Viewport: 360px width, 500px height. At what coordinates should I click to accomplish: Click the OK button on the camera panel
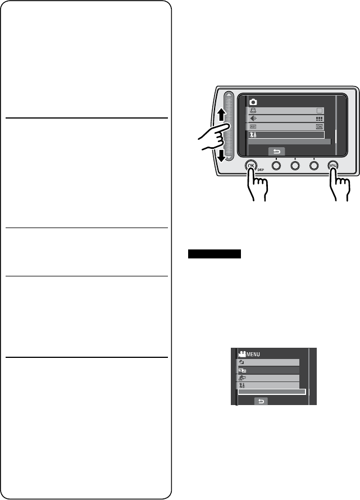click(252, 166)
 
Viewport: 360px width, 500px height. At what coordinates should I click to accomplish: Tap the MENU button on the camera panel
click(333, 166)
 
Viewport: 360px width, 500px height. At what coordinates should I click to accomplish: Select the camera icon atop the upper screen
click(253, 102)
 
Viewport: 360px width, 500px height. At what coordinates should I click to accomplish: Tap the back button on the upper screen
click(276, 151)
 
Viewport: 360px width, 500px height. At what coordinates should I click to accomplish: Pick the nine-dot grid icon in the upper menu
click(320, 119)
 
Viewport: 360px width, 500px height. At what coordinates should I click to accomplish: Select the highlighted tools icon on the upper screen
click(253, 135)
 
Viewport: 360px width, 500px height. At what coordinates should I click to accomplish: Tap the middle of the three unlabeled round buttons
click(295, 166)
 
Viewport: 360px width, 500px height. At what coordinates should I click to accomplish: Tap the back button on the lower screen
click(261, 401)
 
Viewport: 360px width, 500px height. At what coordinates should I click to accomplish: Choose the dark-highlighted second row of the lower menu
click(268, 371)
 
